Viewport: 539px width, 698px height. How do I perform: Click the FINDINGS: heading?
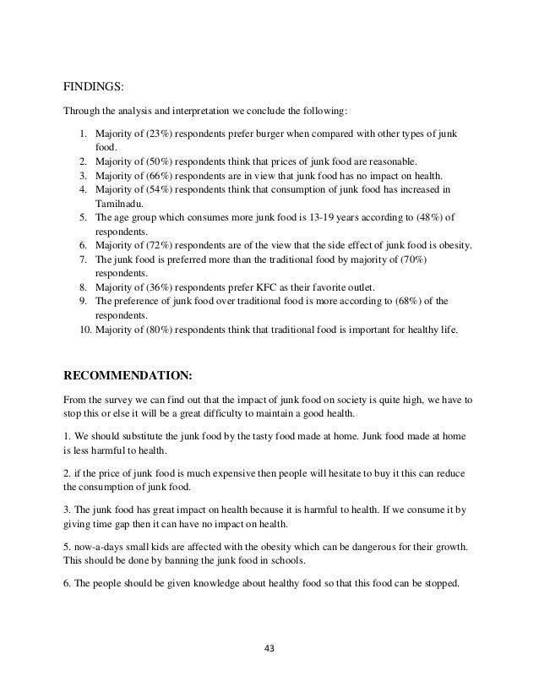tap(94, 85)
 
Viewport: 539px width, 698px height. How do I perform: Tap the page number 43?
tap(270, 650)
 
